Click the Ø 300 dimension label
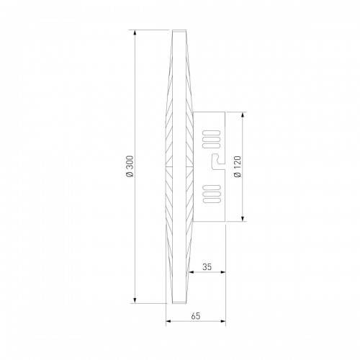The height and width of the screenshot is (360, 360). coord(130,166)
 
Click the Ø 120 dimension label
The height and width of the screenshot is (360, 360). coord(238,166)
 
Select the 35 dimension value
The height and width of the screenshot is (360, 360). coord(207,266)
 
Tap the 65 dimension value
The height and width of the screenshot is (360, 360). coord(196,316)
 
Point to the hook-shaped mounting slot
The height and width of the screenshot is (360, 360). coord(217,162)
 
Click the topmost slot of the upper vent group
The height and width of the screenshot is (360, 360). coord(212,133)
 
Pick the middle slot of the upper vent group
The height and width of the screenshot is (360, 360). coord(212,139)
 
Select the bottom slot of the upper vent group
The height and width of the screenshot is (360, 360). coord(212,145)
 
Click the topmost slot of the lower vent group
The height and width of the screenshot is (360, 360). coord(212,187)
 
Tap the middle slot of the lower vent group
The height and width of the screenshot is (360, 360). coord(212,194)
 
